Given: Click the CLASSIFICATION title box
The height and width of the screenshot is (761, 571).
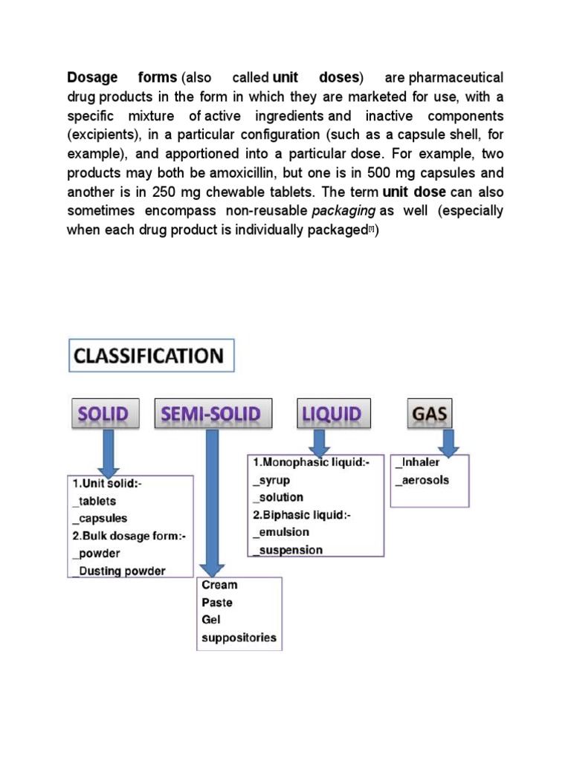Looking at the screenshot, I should point(152,355).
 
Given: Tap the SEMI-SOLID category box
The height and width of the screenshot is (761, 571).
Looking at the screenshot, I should point(213,414).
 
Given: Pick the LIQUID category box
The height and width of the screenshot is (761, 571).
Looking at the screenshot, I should point(331,414).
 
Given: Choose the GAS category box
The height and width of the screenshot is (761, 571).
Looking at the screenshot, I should point(430,414).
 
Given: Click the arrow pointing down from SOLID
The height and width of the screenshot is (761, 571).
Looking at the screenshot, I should point(109,452).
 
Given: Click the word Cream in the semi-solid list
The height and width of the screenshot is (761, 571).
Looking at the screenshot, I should point(219,585).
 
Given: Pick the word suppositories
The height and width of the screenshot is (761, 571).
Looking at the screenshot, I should point(239,638).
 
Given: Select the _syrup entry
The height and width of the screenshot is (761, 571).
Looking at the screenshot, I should point(272,479).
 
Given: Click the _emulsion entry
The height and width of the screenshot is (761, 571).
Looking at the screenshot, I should point(281,532).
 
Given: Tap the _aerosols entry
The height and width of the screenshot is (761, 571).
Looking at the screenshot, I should point(422,480).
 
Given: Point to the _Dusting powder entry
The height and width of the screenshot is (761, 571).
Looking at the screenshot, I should point(118,571).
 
